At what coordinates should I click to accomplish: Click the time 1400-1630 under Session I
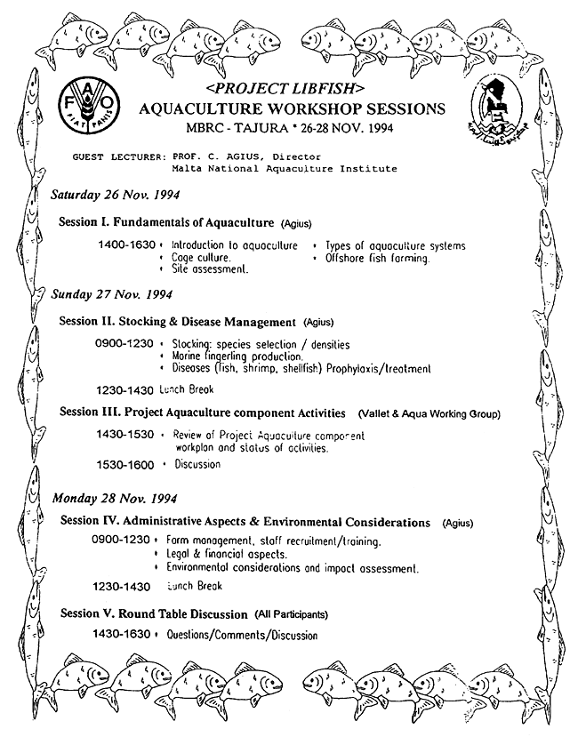click(x=126, y=245)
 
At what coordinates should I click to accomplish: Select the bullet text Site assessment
click(x=210, y=268)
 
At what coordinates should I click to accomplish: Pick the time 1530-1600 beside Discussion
click(x=125, y=464)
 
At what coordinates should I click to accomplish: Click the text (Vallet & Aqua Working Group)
click(x=429, y=414)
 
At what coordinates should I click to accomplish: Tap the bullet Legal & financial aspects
click(x=218, y=554)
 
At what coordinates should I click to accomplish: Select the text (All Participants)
click(x=291, y=614)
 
